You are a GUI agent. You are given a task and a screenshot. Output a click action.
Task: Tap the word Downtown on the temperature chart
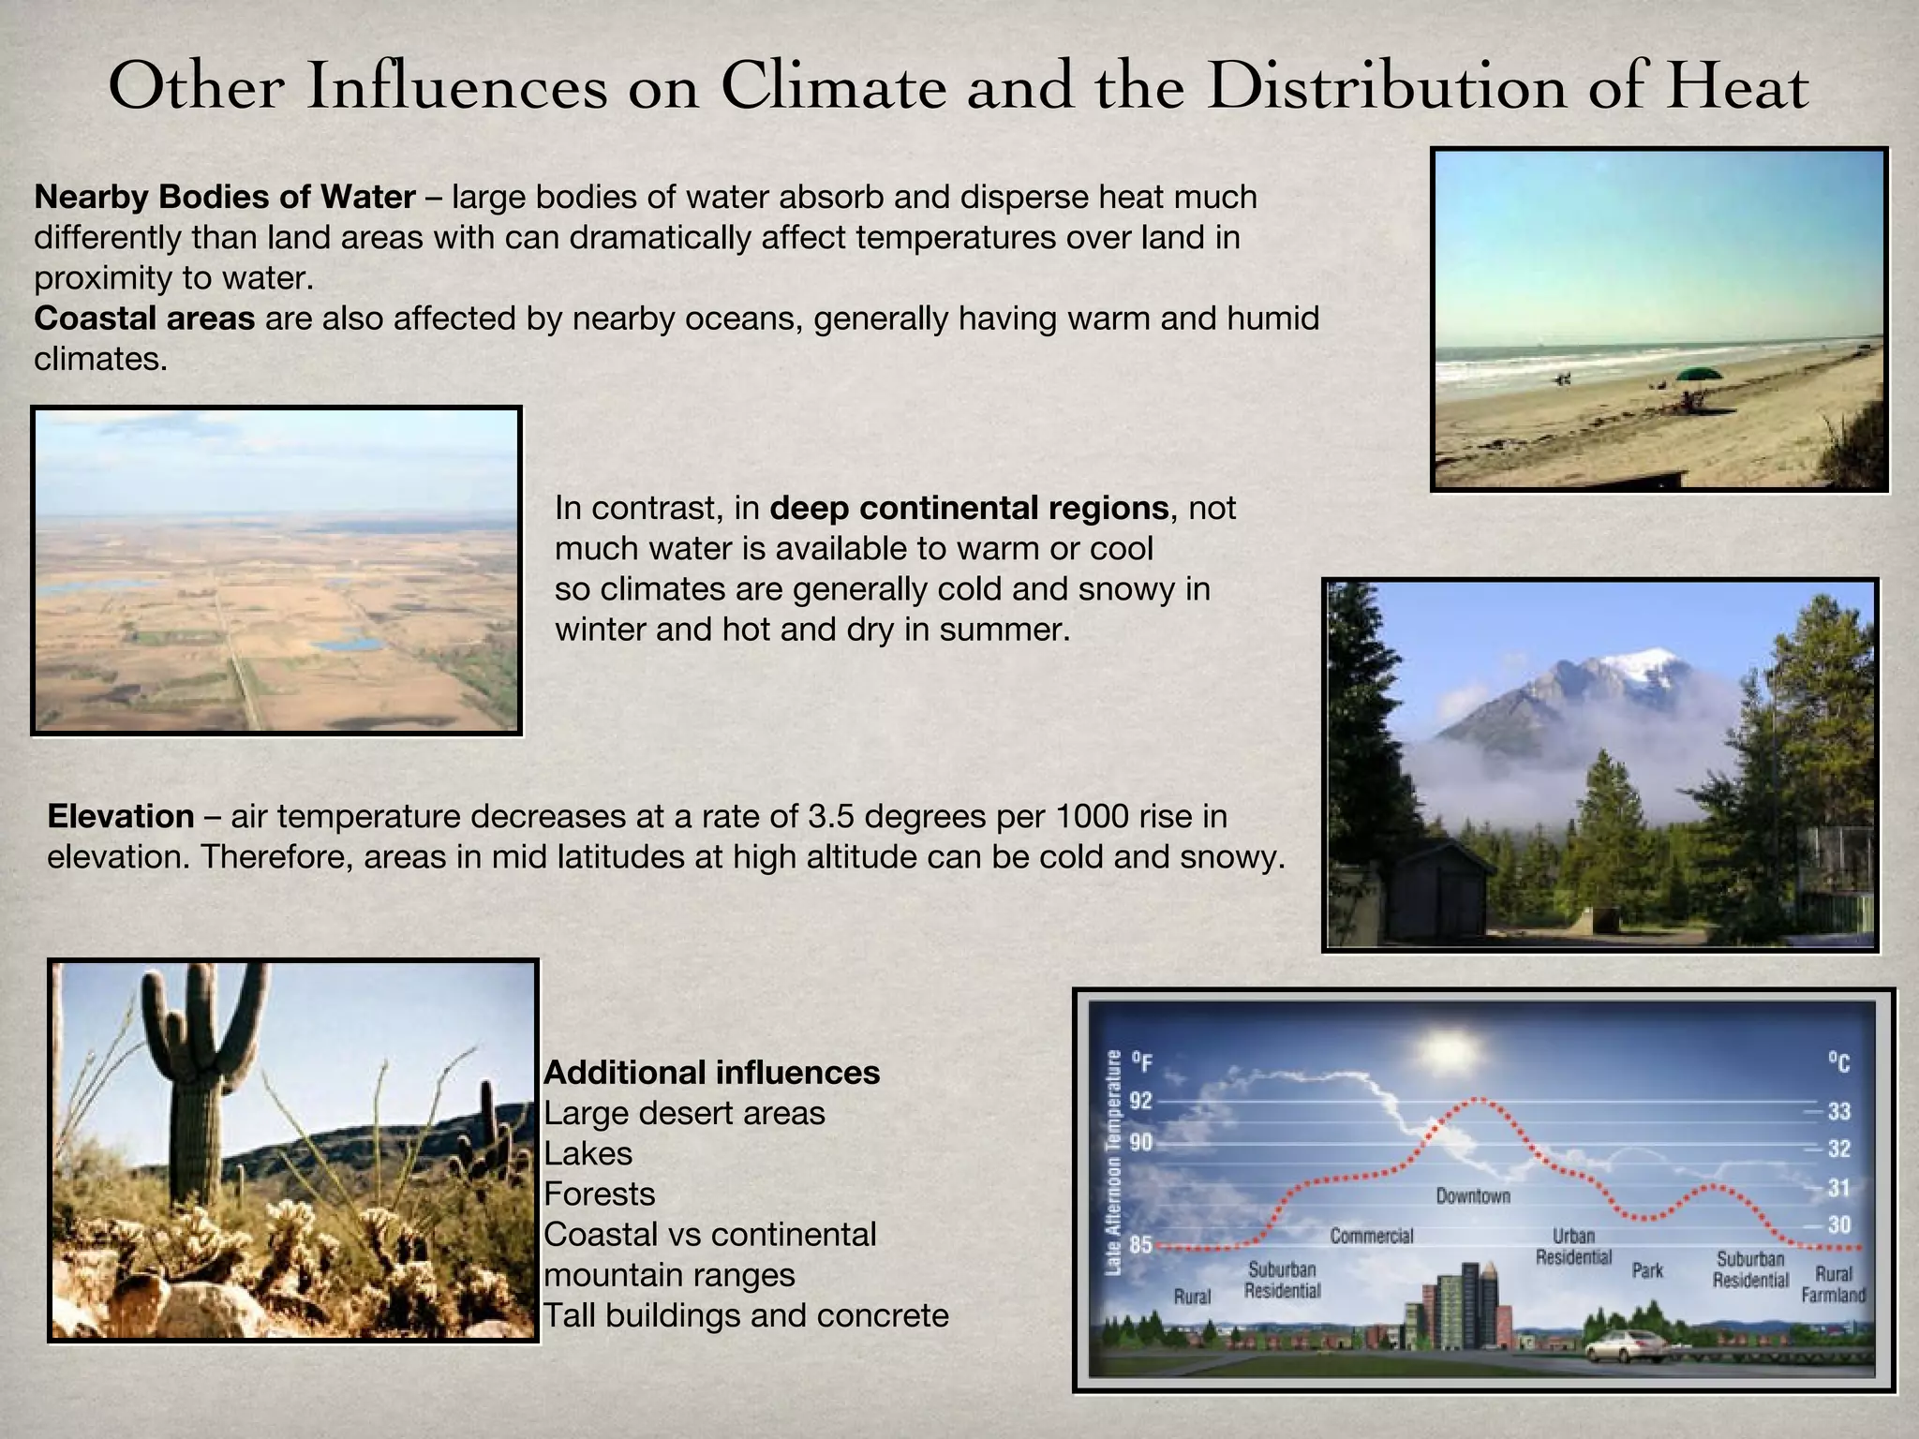pyautogui.click(x=1473, y=1196)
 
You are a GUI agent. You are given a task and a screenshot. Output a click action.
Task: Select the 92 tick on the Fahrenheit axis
pyautogui.click(x=1140, y=1101)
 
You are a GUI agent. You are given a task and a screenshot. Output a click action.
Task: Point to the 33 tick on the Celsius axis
pyautogui.click(x=1838, y=1112)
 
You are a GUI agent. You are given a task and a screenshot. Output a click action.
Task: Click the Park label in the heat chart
pyautogui.click(x=1647, y=1270)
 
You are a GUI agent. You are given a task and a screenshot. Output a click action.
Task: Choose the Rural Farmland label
pyautogui.click(x=1833, y=1284)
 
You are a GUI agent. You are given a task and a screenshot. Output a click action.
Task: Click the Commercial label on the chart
pyautogui.click(x=1371, y=1236)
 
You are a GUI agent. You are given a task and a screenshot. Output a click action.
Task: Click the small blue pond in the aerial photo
pyautogui.click(x=349, y=645)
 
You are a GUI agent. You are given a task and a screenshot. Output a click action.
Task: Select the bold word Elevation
pyautogui.click(x=120, y=816)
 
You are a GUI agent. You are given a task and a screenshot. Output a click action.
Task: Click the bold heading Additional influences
pyautogui.click(x=711, y=1073)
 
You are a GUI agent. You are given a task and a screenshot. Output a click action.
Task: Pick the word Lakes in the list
pyautogui.click(x=588, y=1153)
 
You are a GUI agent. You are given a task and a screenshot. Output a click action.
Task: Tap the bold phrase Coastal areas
pyautogui.click(x=144, y=319)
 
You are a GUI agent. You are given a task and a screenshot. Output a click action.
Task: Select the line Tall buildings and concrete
pyautogui.click(x=746, y=1315)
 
